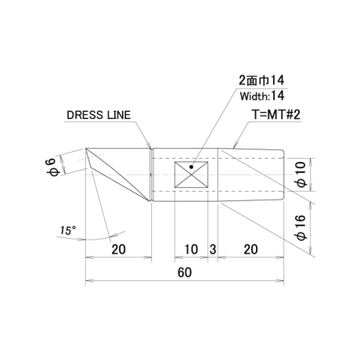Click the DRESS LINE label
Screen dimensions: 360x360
pos(99,115)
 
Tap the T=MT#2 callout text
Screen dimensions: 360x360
pos(276,115)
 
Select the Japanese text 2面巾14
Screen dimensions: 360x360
pos(261,81)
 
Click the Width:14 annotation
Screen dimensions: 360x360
pos(262,96)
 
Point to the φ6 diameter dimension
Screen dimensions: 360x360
pos(54,167)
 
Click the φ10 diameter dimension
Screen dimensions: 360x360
pos(301,175)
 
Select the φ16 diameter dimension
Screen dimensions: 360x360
pos(301,228)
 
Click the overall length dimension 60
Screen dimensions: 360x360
pos(185,272)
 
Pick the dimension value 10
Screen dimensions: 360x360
pos(191,250)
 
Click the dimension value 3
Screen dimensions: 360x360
pos(213,250)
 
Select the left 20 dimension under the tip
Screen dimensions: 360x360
pos(119,250)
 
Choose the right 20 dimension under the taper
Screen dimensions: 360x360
pos(250,250)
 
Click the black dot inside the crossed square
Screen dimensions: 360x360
pos(191,167)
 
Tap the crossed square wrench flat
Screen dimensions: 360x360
pos(191,175)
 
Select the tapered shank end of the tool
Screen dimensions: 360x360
pos(250,175)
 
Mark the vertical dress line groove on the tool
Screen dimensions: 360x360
pos(151,175)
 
